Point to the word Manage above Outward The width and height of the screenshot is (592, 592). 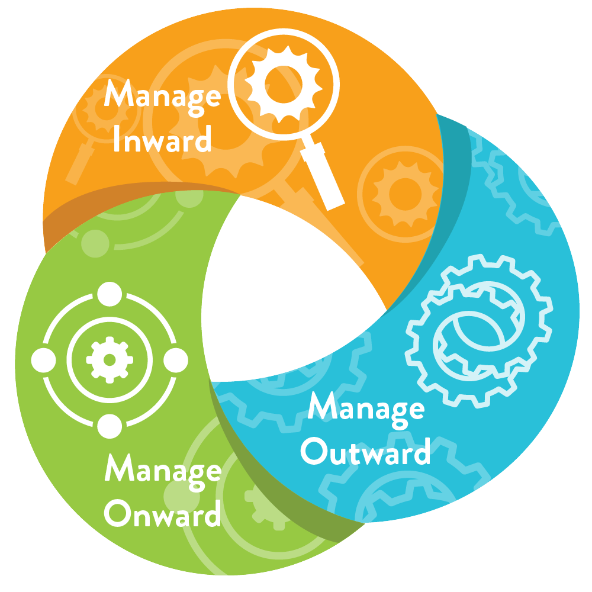tap(366, 408)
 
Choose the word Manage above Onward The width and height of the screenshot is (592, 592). tap(162, 471)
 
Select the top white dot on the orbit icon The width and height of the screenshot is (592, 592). tap(109, 294)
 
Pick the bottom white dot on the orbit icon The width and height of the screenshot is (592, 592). tap(109, 425)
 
